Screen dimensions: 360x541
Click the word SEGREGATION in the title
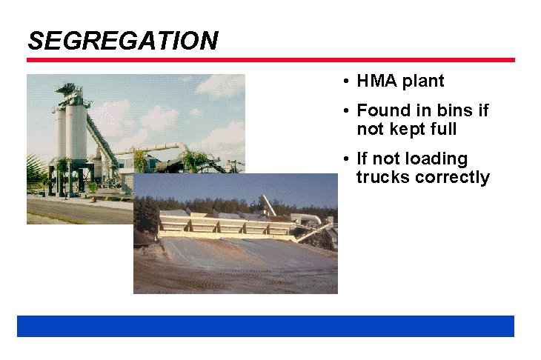point(122,40)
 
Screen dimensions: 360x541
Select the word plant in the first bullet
point(423,81)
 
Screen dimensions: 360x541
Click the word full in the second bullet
point(442,130)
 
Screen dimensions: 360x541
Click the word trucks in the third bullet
point(379,178)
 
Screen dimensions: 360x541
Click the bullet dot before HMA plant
point(346,81)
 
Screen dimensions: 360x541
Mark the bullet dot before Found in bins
point(346,112)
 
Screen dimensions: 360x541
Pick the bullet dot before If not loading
point(346,160)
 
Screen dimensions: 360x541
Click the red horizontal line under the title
point(270,60)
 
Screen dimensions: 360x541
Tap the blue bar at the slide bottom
point(265,326)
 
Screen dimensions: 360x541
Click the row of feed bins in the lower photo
point(222,222)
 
